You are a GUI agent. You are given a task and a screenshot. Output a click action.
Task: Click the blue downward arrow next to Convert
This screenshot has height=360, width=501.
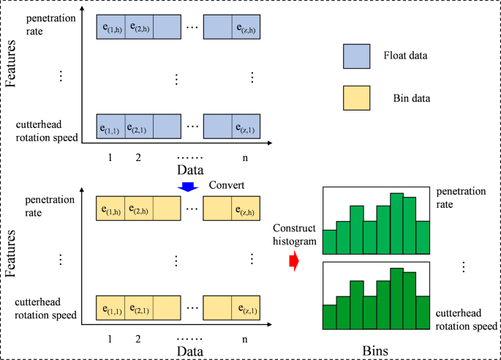[x=189, y=187]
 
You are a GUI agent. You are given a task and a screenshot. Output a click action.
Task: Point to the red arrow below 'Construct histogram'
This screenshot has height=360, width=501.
[x=294, y=260]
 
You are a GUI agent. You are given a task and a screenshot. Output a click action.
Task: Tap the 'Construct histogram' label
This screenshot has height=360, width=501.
[x=294, y=236]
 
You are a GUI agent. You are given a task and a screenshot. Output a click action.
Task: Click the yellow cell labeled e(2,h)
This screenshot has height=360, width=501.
[x=139, y=209]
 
